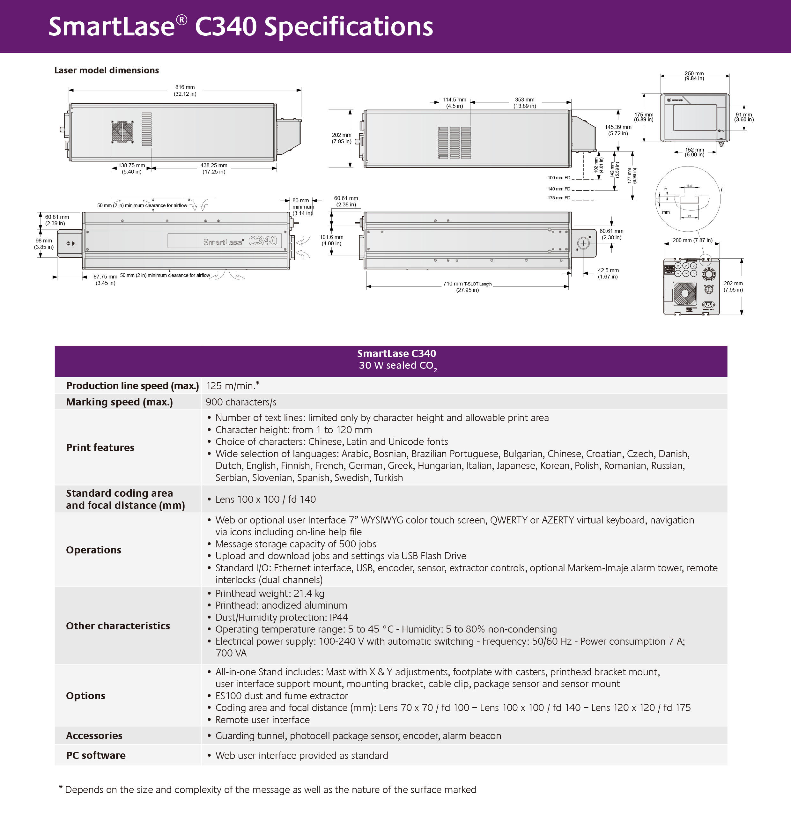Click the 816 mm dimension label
185,90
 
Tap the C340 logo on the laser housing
262,241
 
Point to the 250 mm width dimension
694,76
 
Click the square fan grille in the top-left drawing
122,132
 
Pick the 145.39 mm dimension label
618,130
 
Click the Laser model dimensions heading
107,70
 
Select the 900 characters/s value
241,402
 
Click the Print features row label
100,448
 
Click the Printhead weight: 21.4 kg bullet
270,593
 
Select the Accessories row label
94,736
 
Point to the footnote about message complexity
268,789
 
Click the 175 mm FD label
559,198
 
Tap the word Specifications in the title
349,26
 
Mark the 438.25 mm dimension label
214,168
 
